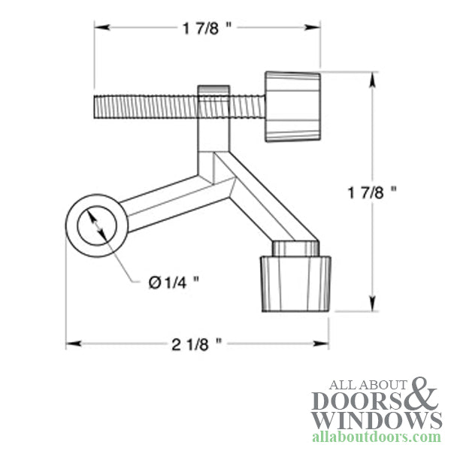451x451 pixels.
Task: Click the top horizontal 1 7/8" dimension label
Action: click(206, 28)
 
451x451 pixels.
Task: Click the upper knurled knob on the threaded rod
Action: click(292, 107)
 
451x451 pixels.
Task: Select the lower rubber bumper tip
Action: click(295, 283)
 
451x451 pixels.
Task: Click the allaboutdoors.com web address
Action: click(376, 437)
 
